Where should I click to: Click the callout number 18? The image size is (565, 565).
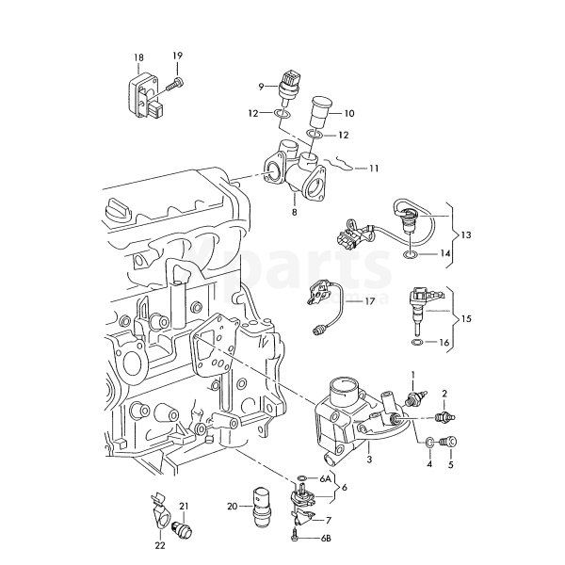[138, 57]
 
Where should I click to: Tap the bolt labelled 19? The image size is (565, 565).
[175, 85]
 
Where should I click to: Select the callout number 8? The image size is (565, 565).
[295, 212]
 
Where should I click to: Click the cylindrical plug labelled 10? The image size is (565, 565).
[318, 111]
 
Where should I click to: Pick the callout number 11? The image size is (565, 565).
[374, 169]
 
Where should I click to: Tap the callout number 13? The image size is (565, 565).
[466, 234]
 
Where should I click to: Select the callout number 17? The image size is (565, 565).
[370, 301]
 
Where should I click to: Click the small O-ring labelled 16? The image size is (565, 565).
[416, 342]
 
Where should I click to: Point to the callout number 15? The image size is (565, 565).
[466, 318]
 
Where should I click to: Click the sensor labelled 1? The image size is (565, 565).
[417, 398]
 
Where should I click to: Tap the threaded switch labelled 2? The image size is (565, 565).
[445, 417]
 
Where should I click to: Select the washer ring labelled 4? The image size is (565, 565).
[429, 443]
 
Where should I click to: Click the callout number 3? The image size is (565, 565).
[369, 460]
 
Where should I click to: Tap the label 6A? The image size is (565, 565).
[325, 478]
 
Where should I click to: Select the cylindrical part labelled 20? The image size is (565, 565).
[263, 508]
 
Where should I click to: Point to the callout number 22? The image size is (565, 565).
[160, 545]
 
